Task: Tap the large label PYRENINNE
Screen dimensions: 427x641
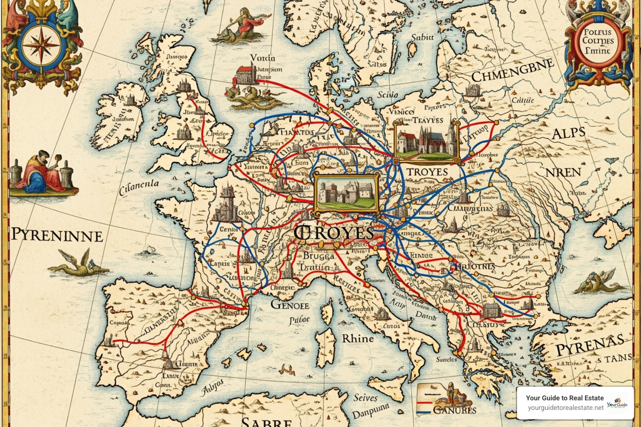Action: click(57, 235)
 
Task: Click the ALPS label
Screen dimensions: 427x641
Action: click(568, 134)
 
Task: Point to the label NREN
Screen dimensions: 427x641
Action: click(563, 172)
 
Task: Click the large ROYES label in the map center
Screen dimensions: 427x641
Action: click(334, 233)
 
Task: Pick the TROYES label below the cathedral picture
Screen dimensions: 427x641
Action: click(427, 172)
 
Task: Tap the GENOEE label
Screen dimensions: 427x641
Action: click(290, 305)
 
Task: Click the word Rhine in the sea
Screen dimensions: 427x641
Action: click(358, 338)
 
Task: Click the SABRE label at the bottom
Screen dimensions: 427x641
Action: click(267, 421)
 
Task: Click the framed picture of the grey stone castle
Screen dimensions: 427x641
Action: click(346, 193)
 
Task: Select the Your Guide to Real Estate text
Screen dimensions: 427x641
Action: click(564, 398)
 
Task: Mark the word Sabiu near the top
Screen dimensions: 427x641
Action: click(422, 38)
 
